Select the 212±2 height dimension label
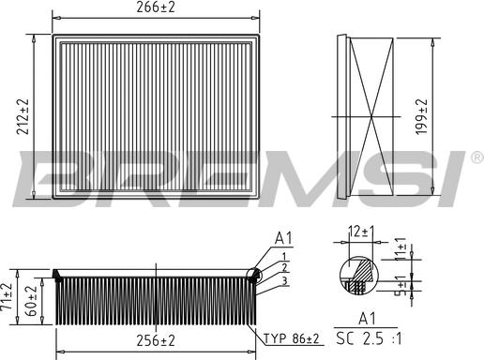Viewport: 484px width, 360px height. point(23,117)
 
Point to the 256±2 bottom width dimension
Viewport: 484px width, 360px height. point(156,340)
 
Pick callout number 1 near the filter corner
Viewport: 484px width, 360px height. point(281,256)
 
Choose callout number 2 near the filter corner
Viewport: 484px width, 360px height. point(281,267)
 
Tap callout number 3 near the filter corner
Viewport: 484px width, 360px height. point(281,278)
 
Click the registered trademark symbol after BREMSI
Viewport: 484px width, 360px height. point(476,157)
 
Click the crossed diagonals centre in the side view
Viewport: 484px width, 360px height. point(372,117)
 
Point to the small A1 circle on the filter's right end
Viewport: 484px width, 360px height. point(252,274)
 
